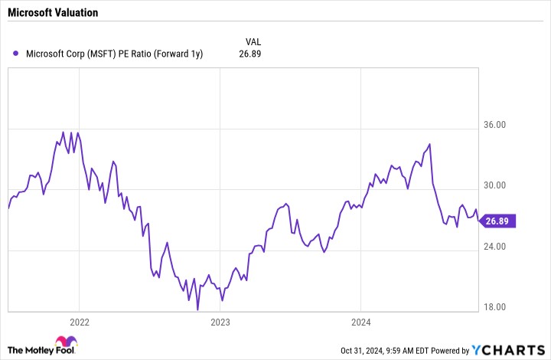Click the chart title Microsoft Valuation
[x=53, y=13]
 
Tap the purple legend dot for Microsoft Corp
[x=15, y=54]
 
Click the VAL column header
[x=253, y=42]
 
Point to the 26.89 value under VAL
[x=249, y=54]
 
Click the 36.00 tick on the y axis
[x=494, y=124]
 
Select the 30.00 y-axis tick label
[x=494, y=185]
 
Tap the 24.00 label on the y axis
[x=494, y=246]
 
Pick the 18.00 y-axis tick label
[x=494, y=307]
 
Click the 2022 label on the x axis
[x=80, y=322]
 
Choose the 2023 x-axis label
[x=220, y=322]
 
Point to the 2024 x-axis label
[x=361, y=322]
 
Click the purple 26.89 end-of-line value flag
[x=497, y=221]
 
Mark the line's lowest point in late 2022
[x=197, y=310]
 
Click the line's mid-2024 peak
[x=429, y=144]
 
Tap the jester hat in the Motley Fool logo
[x=66, y=342]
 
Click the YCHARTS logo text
[x=508, y=350]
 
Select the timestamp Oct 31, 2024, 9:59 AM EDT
[x=385, y=351]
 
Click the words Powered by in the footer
[x=450, y=351]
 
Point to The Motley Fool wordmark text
[x=41, y=350]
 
